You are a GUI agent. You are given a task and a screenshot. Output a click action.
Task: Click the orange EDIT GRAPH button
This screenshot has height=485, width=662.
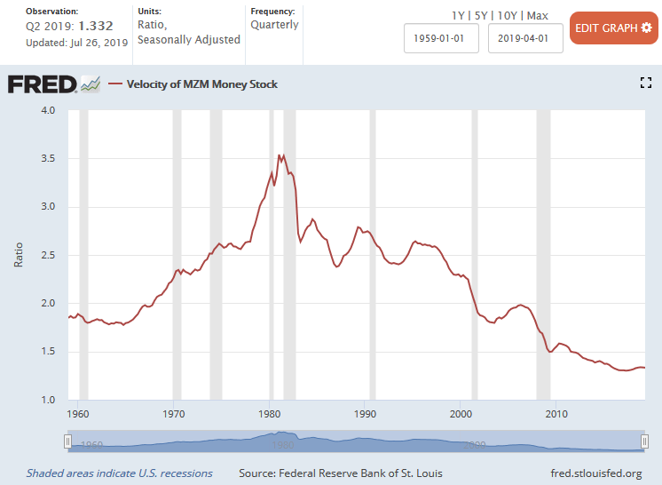[613, 28]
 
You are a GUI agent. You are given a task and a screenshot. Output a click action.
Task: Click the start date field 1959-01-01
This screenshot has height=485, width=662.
[441, 38]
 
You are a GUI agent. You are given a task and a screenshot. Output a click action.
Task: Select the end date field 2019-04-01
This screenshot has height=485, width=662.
[525, 38]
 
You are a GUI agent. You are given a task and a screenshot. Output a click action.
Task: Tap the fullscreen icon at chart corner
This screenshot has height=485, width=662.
[646, 83]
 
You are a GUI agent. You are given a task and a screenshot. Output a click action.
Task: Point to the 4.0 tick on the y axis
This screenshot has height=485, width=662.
[47, 110]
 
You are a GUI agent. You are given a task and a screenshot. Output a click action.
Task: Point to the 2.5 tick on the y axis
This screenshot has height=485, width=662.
[47, 255]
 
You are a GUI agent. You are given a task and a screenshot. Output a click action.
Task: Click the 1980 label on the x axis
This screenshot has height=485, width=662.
[271, 414]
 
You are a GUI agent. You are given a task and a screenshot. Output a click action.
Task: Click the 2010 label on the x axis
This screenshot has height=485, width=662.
[556, 414]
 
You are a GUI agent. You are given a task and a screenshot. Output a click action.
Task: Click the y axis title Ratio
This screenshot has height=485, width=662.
[20, 255]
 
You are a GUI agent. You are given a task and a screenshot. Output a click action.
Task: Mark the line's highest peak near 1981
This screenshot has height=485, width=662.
[280, 155]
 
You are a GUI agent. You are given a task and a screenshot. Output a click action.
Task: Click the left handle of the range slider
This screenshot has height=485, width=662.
[68, 441]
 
